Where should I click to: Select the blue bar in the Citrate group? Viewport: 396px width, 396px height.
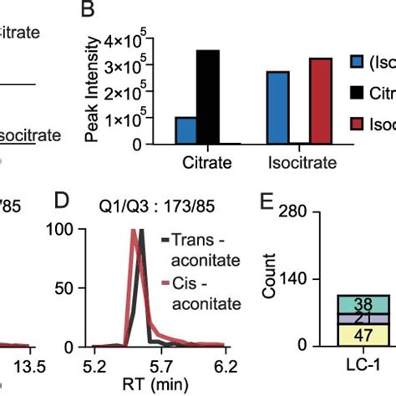[x=185, y=130]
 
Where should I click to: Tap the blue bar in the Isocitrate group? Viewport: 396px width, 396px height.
[x=277, y=108]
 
